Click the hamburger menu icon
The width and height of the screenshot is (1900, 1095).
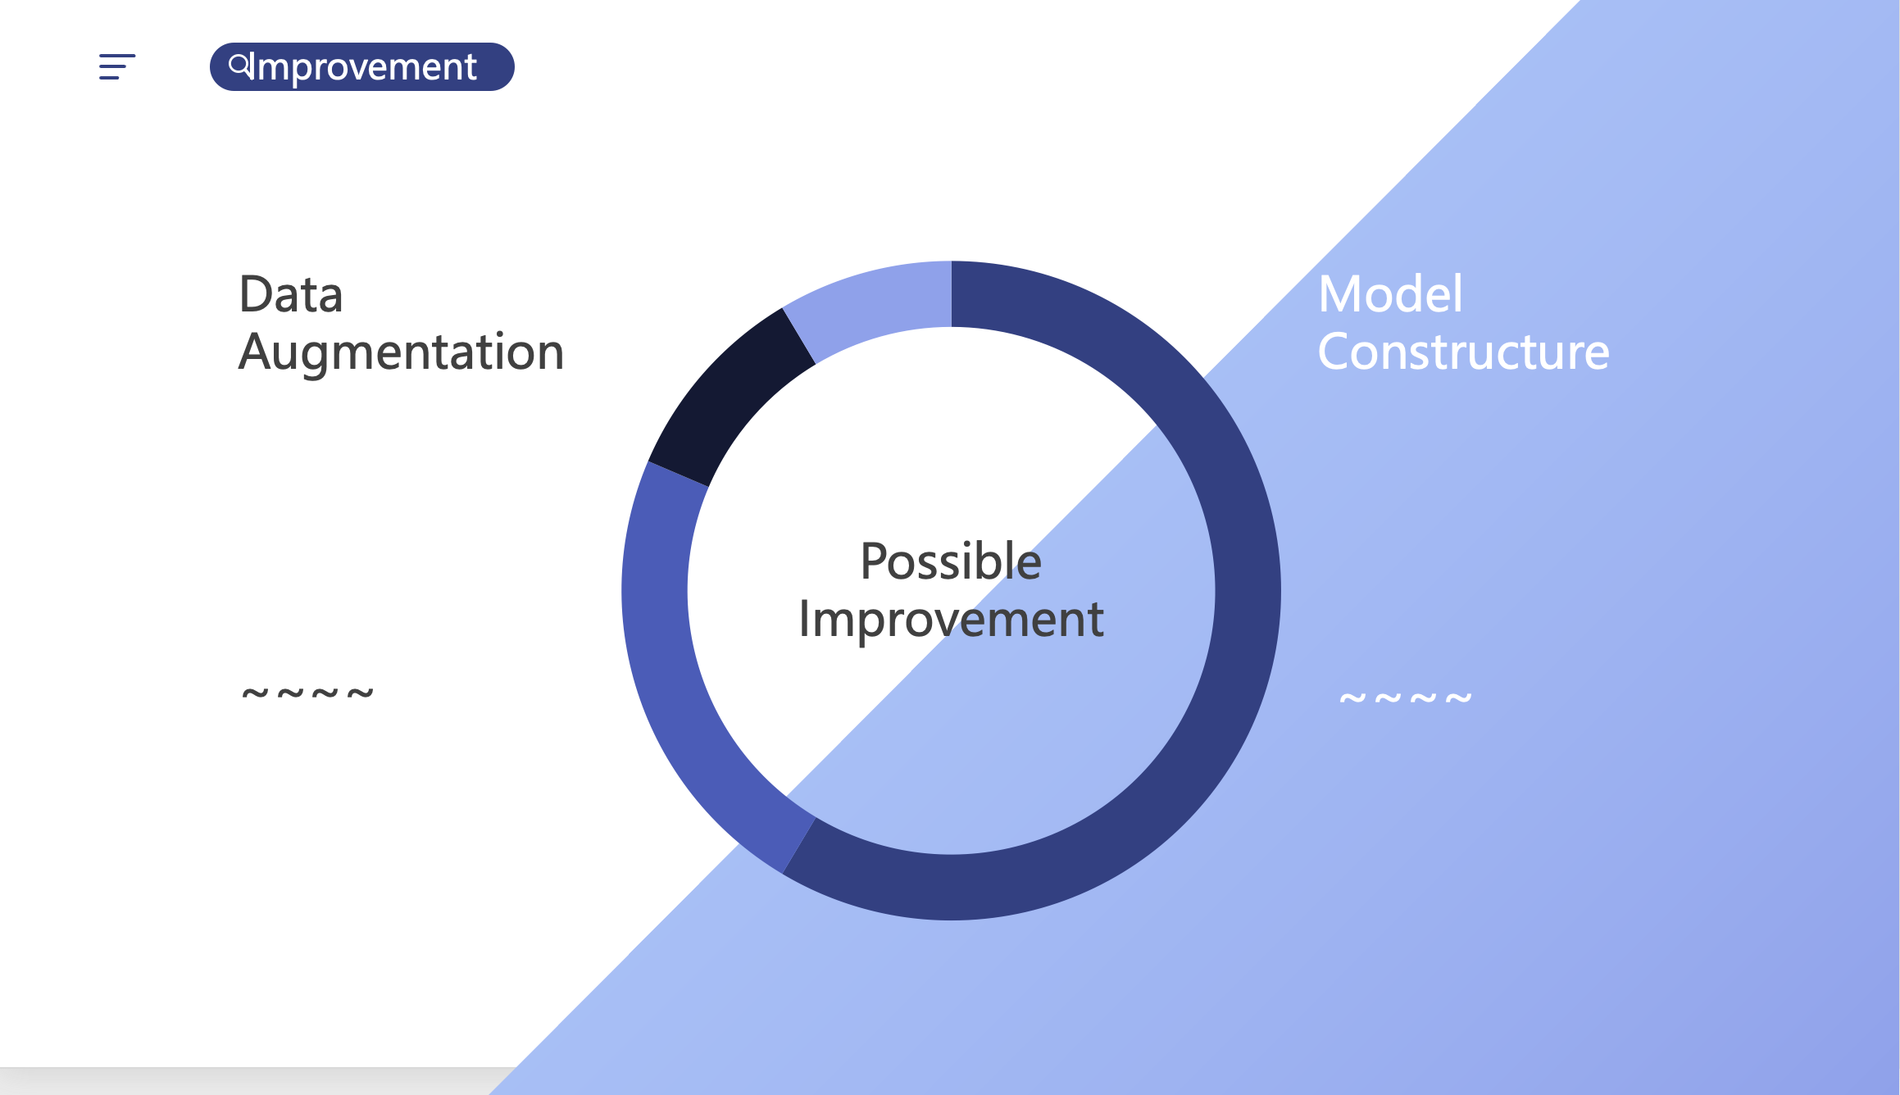pyautogui.click(x=117, y=67)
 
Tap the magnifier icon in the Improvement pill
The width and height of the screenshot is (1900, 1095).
pyautogui.click(x=240, y=66)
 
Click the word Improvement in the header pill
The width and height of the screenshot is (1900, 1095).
pyautogui.click(x=366, y=67)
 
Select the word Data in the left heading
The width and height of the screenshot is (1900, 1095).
pyautogui.click(x=291, y=294)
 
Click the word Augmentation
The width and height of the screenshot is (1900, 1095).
pyautogui.click(x=402, y=353)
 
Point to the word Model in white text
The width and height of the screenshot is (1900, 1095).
pyautogui.click(x=1390, y=294)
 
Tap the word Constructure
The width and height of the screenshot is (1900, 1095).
pyautogui.click(x=1464, y=352)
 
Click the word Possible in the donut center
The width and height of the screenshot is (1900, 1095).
pyautogui.click(x=951, y=561)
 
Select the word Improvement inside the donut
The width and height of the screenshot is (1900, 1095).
pyautogui.click(x=951, y=619)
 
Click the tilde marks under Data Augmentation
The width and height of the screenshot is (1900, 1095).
pyautogui.click(x=307, y=694)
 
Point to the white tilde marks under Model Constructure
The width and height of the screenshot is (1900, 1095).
pyautogui.click(x=1406, y=698)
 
